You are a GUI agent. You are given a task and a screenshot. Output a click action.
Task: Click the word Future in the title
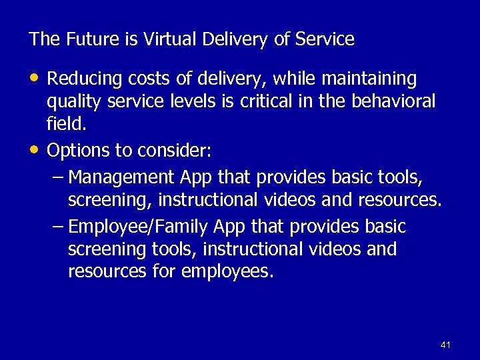tap(89, 39)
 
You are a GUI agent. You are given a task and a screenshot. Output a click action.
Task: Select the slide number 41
tap(446, 345)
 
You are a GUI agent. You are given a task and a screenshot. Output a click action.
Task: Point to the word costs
tap(142, 79)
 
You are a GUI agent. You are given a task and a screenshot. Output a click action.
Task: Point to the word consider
tap(175, 151)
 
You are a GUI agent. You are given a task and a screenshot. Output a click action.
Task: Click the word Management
tap(123, 178)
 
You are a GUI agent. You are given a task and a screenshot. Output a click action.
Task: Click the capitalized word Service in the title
tap(325, 39)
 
